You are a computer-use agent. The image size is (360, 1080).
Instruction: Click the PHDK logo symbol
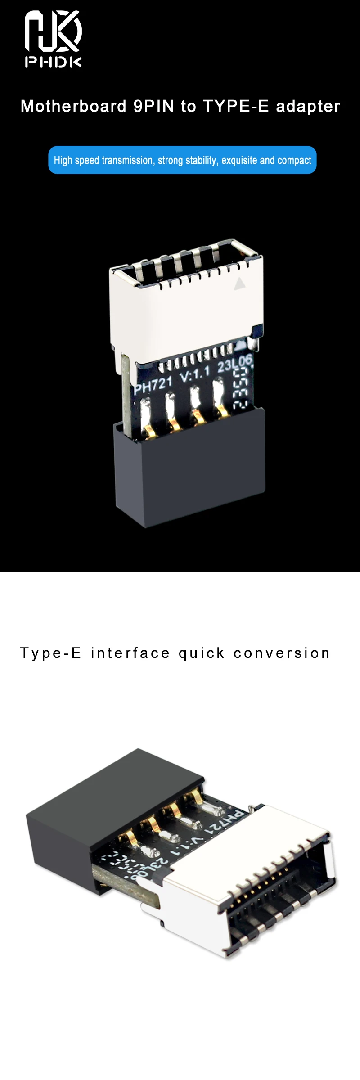53,31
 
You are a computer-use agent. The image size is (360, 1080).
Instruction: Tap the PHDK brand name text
53,62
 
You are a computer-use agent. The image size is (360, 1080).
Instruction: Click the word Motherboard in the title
74,107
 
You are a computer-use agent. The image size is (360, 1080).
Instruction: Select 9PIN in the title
153,107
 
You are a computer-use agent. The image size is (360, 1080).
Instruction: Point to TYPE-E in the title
236,107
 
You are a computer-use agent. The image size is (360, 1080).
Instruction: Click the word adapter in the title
308,107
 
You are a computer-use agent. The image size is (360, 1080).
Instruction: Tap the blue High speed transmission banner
182,160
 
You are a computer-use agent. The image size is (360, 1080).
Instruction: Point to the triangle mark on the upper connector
240,283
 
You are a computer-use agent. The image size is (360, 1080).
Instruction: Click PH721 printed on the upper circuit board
153,385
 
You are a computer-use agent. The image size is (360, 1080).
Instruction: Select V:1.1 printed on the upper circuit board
195,373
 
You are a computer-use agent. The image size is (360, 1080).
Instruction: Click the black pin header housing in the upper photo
189,472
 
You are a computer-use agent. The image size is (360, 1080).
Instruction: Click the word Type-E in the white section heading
50,653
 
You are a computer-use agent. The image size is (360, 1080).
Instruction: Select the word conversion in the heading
282,653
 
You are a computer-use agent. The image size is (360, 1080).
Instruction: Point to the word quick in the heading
201,653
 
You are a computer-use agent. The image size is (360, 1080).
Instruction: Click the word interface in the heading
130,653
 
